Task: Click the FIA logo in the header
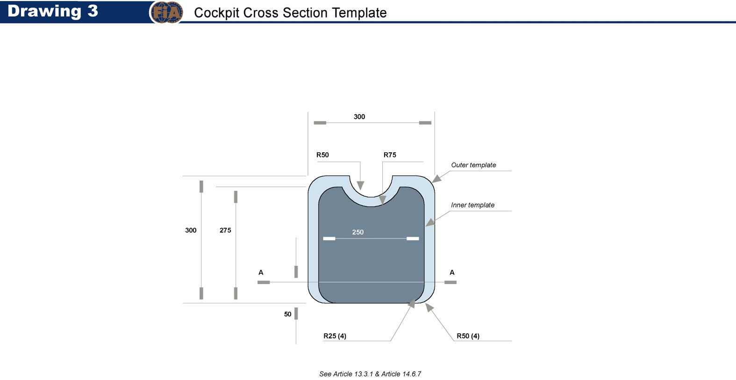click(x=166, y=13)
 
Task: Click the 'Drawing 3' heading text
click(x=52, y=11)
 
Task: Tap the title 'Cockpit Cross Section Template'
click(x=290, y=13)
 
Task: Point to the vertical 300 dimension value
click(x=191, y=230)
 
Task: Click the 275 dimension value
click(x=225, y=230)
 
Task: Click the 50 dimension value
click(x=287, y=314)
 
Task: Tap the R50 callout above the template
click(x=322, y=155)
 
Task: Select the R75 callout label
click(x=390, y=155)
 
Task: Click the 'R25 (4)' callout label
click(x=335, y=336)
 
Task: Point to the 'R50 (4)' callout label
click(x=468, y=336)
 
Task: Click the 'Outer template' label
click(x=473, y=165)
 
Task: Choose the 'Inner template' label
click(x=472, y=205)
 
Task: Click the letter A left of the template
click(x=261, y=272)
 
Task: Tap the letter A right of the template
click(x=452, y=272)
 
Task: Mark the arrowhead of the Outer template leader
click(x=436, y=179)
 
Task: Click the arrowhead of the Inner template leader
click(x=430, y=222)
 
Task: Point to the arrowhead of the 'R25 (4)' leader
click(x=411, y=304)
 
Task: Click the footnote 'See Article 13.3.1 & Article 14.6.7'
click(x=370, y=374)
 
